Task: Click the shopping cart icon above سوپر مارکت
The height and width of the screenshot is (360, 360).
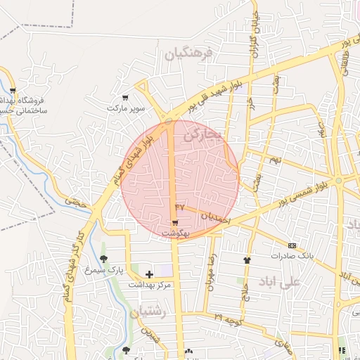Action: [x=125, y=98]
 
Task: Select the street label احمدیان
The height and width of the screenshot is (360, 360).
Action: [x=215, y=219]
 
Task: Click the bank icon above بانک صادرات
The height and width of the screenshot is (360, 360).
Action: [x=292, y=245]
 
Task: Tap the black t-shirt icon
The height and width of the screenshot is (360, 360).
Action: [x=247, y=259]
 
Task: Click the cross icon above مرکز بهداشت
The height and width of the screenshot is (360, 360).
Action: [x=148, y=274]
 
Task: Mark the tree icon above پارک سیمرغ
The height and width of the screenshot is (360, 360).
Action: [x=103, y=259]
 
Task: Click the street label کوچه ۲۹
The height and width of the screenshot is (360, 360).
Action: [x=229, y=319]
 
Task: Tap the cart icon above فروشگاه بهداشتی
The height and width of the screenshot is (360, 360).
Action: [x=13, y=91]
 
